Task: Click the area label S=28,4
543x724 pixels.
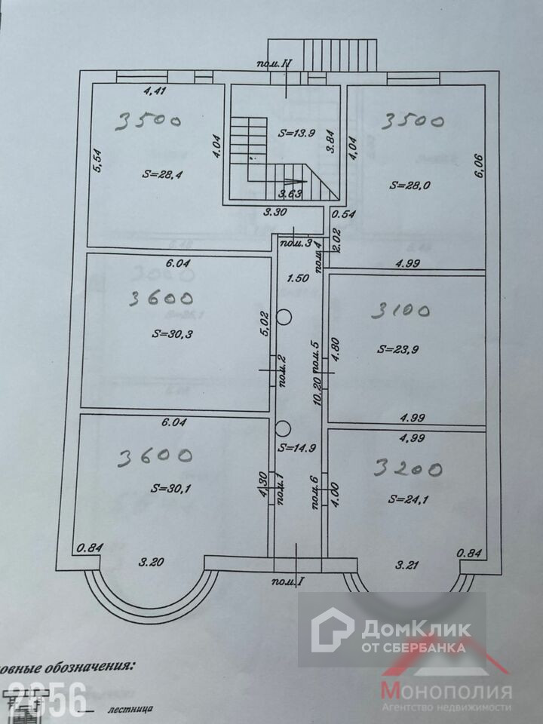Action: point(163,173)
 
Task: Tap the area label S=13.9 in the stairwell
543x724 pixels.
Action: point(296,133)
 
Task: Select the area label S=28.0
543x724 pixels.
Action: point(410,183)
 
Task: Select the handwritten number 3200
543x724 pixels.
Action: point(409,469)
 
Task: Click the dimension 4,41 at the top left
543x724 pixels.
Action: point(155,91)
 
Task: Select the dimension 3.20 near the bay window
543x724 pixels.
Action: point(153,562)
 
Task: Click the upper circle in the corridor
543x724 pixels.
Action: point(284,317)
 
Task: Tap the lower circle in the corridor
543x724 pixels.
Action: point(283,428)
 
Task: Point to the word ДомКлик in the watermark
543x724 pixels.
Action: point(416,628)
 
